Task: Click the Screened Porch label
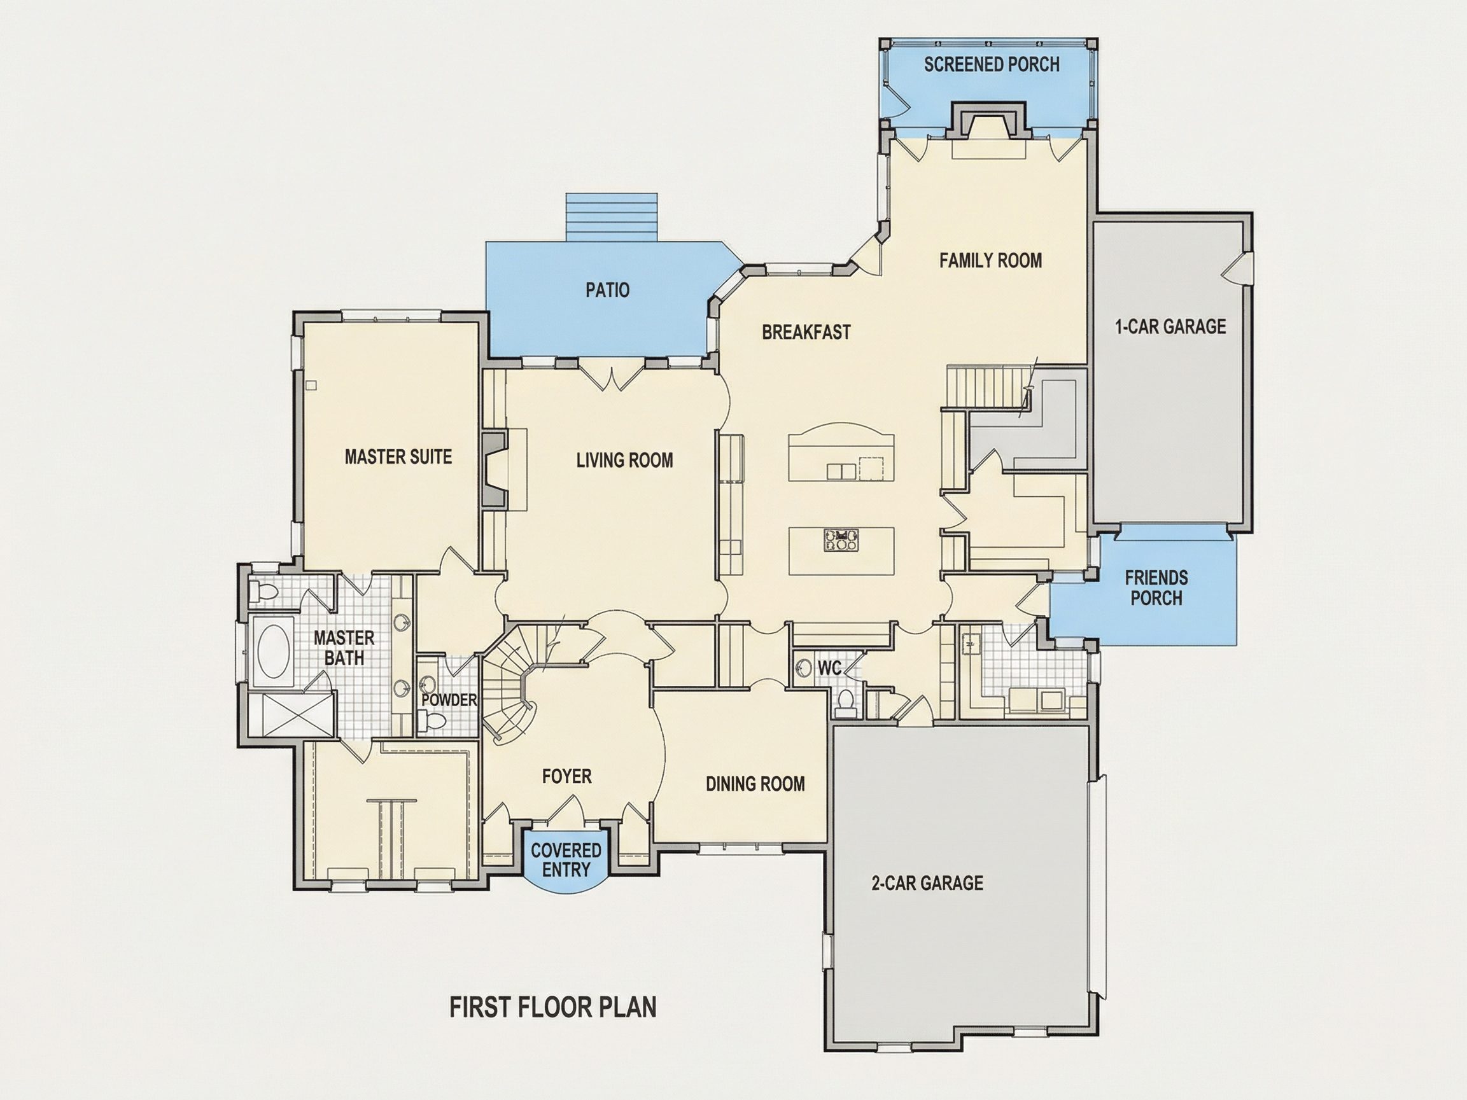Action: tap(992, 64)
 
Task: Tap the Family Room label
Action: tap(990, 261)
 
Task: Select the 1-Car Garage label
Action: tap(1170, 326)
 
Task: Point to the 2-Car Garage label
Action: tap(927, 882)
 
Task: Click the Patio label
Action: tap(608, 289)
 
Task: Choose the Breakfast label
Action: tap(806, 331)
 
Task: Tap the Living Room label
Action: tap(624, 460)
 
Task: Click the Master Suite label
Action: tap(398, 457)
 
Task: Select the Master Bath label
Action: tap(344, 648)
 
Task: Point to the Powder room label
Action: tap(449, 700)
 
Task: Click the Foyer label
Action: tap(566, 776)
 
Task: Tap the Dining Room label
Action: tap(755, 784)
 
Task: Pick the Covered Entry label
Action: tap(566, 860)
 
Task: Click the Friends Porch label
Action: tap(1156, 587)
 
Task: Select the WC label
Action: tap(829, 669)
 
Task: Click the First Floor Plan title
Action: tap(553, 1007)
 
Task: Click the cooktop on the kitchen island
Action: tap(841, 540)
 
